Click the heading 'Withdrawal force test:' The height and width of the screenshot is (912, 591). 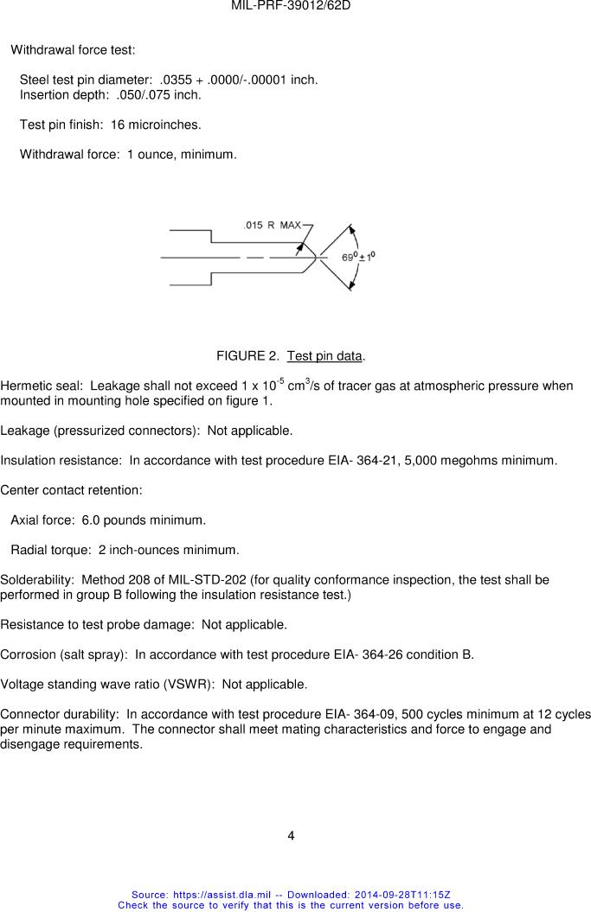click(73, 50)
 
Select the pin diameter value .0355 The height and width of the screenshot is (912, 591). click(177, 80)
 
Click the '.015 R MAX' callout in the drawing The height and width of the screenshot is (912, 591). click(273, 225)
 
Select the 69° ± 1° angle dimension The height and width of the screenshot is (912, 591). click(358, 257)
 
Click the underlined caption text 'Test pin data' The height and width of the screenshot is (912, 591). click(325, 356)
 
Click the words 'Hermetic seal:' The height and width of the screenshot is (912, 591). click(42, 386)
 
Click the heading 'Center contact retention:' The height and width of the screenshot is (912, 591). click(71, 490)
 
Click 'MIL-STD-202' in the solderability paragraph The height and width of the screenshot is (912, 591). click(209, 580)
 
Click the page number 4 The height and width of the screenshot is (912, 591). click(292, 835)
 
